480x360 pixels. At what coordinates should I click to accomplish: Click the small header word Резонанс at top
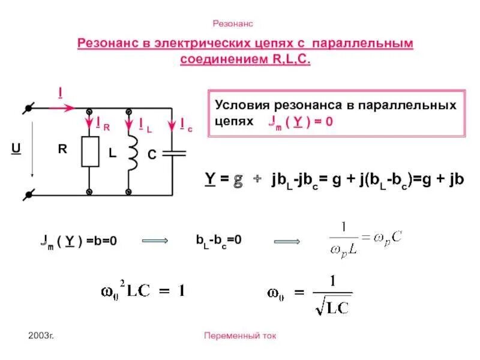pos(233,23)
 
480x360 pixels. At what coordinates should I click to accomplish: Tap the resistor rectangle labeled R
pos(90,151)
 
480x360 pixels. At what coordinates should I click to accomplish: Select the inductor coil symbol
pos(133,151)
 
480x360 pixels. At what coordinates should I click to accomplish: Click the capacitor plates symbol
pos(173,152)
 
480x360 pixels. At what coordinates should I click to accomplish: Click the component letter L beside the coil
pos(112,154)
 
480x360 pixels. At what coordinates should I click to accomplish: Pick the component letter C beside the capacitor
pos(152,155)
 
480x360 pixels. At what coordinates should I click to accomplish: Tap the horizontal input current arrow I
pos(61,108)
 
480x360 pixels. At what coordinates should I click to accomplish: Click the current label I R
pos(102,124)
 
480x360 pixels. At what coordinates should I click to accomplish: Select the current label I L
pos(145,124)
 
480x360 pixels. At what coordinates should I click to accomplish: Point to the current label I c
pos(185,124)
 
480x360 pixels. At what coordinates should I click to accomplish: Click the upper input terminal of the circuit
pos(27,109)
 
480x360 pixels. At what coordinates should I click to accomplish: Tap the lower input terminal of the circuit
pos(27,194)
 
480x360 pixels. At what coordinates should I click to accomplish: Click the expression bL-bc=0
pos(218,239)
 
